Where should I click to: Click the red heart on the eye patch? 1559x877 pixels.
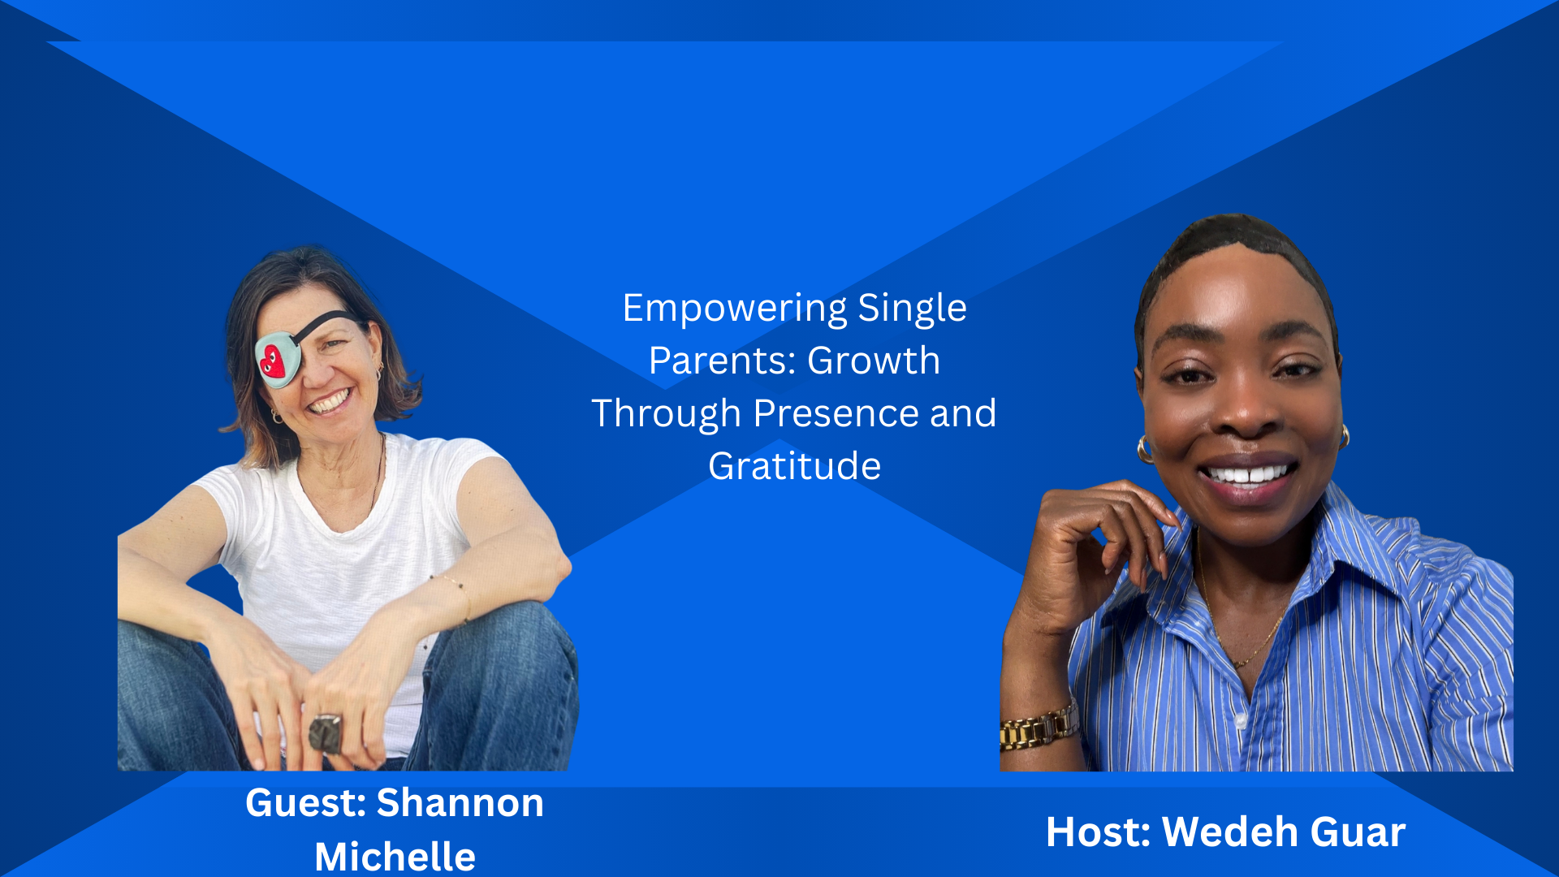[273, 361]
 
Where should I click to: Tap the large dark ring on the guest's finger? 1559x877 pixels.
[327, 732]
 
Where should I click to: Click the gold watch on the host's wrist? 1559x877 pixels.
[1039, 727]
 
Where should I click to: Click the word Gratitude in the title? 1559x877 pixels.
[794, 466]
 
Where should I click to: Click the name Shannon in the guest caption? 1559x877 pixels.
[460, 803]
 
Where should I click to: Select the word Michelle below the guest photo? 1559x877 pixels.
[395, 857]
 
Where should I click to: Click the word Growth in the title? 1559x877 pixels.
[874, 361]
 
